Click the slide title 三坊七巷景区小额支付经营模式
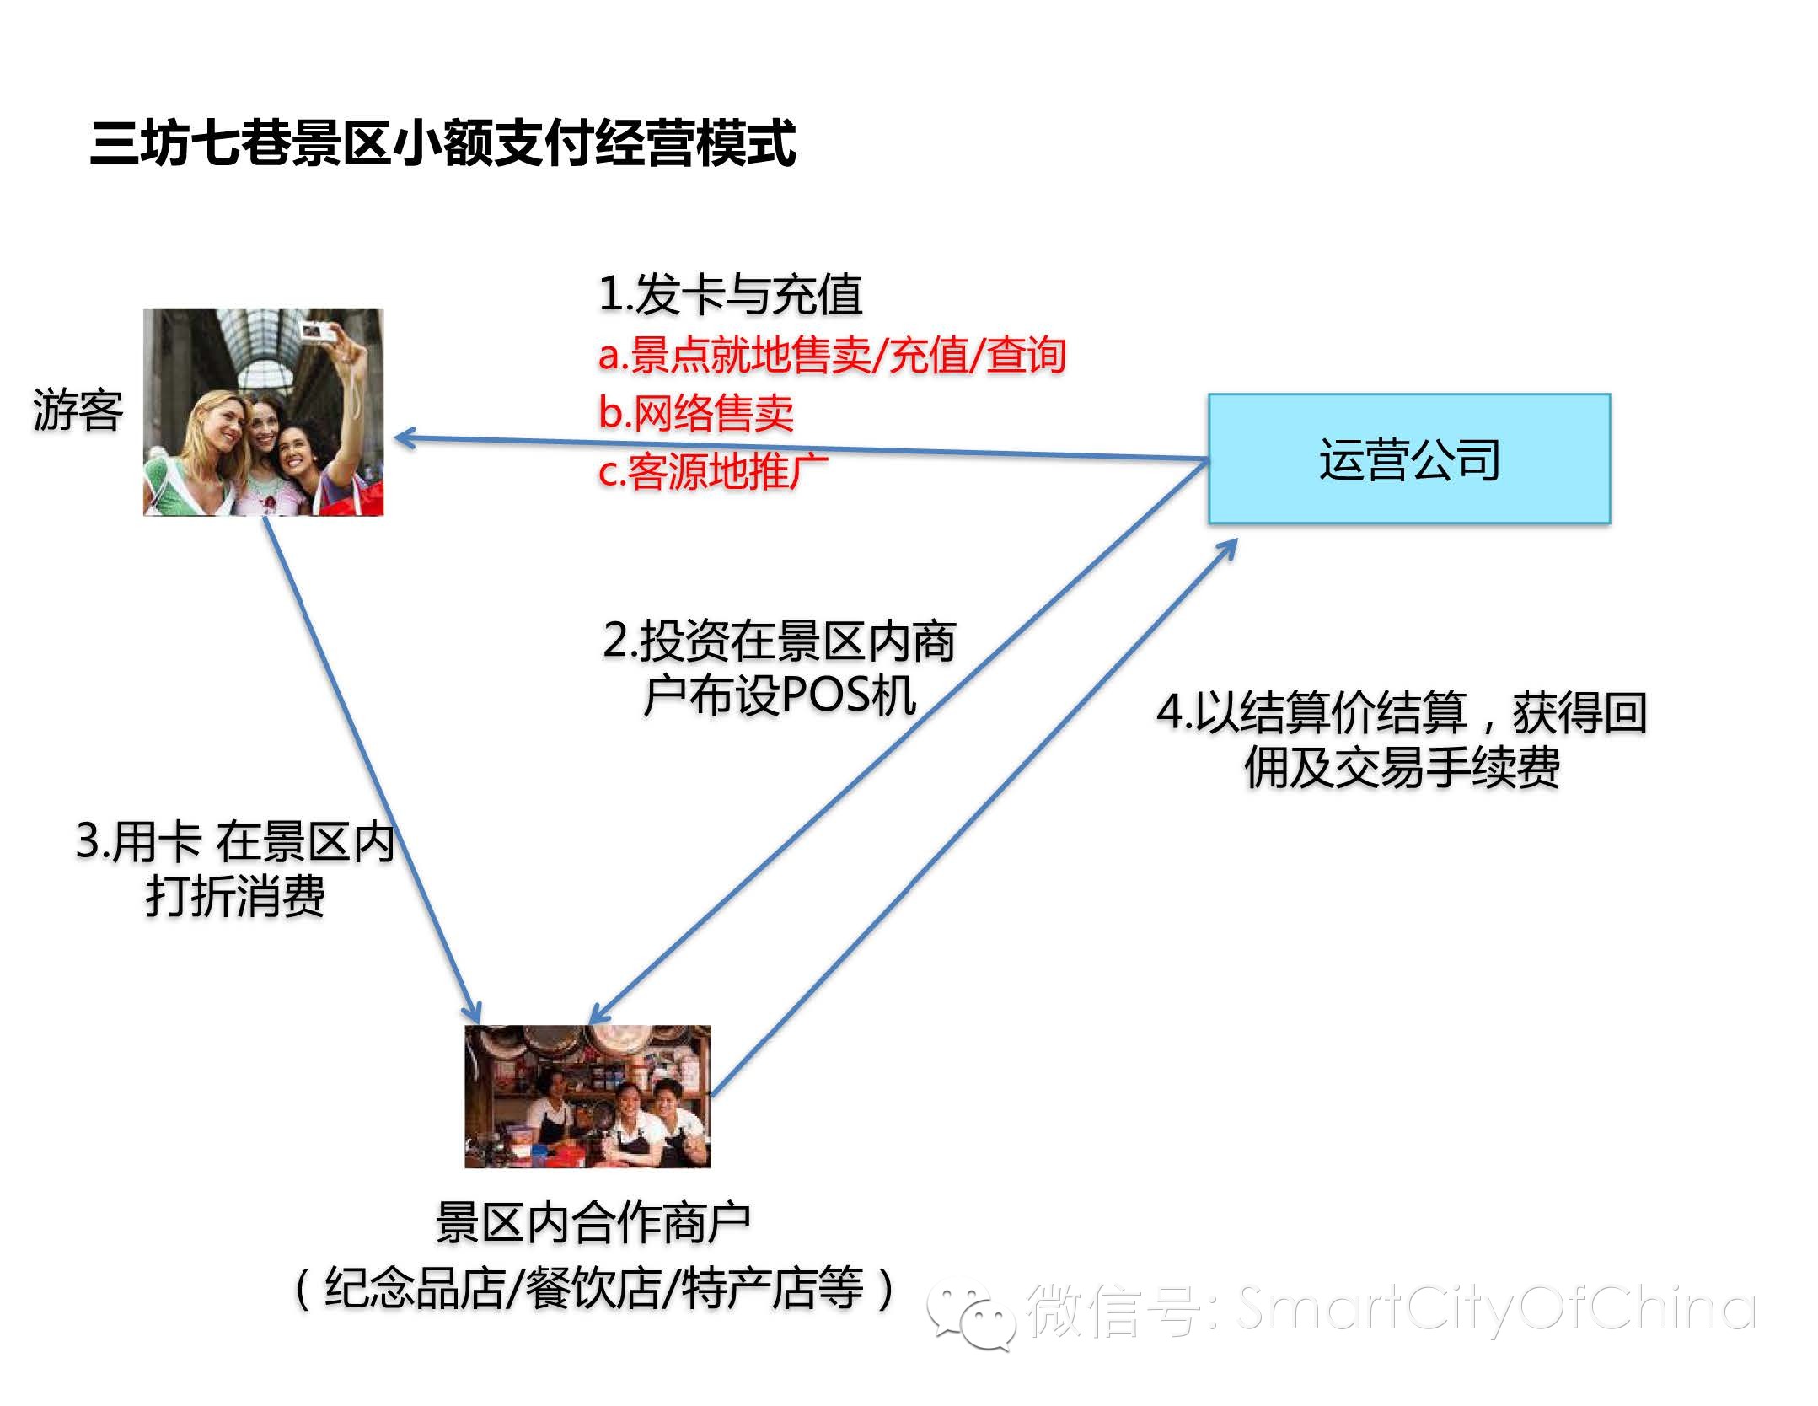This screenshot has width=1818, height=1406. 442,143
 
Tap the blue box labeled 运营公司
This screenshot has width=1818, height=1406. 1408,459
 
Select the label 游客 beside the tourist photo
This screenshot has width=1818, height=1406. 78,411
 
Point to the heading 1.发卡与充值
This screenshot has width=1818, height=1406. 730,295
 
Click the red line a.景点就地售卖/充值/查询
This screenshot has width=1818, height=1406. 832,355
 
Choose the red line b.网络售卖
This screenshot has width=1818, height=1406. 696,413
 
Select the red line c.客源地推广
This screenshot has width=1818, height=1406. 713,471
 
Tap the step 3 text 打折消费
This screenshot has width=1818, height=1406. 235,895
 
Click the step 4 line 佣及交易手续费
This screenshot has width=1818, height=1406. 1402,767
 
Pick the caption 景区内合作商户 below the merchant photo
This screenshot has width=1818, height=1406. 593,1222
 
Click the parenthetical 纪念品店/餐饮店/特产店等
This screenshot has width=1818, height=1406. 593,1288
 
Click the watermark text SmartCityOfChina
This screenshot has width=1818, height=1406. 1496,1308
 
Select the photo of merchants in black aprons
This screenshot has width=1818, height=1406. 587,1096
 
